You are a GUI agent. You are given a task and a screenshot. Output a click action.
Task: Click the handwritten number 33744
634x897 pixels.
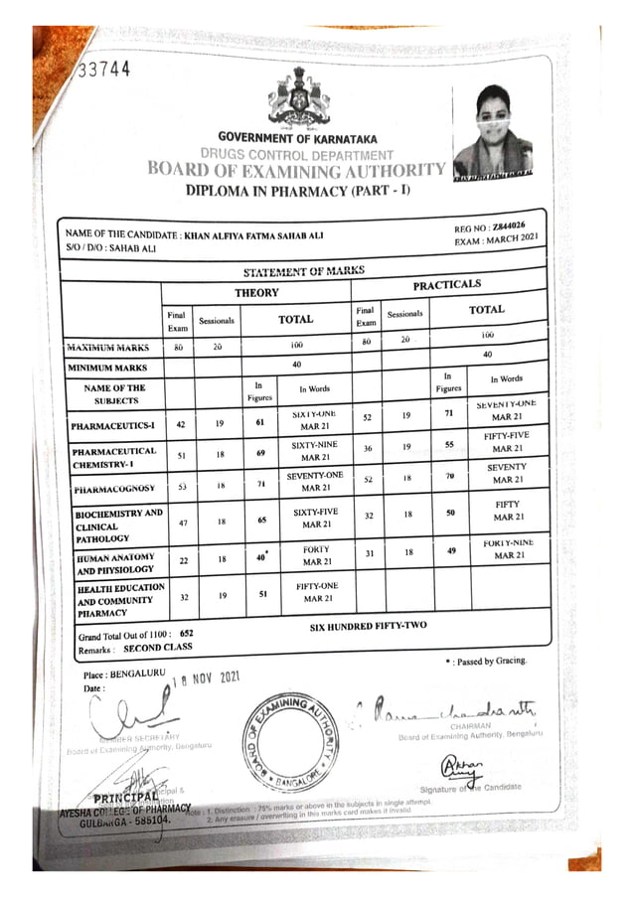[103, 69]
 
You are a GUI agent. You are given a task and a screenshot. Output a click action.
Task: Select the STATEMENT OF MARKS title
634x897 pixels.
[303, 271]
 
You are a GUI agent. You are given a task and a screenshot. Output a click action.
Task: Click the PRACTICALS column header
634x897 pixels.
[446, 285]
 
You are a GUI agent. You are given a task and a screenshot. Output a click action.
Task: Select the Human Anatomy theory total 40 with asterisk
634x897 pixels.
[261, 558]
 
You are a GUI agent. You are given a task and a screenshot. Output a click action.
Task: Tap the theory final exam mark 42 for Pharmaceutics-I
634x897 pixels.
[181, 423]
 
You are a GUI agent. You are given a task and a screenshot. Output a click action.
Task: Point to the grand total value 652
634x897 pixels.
[186, 633]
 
